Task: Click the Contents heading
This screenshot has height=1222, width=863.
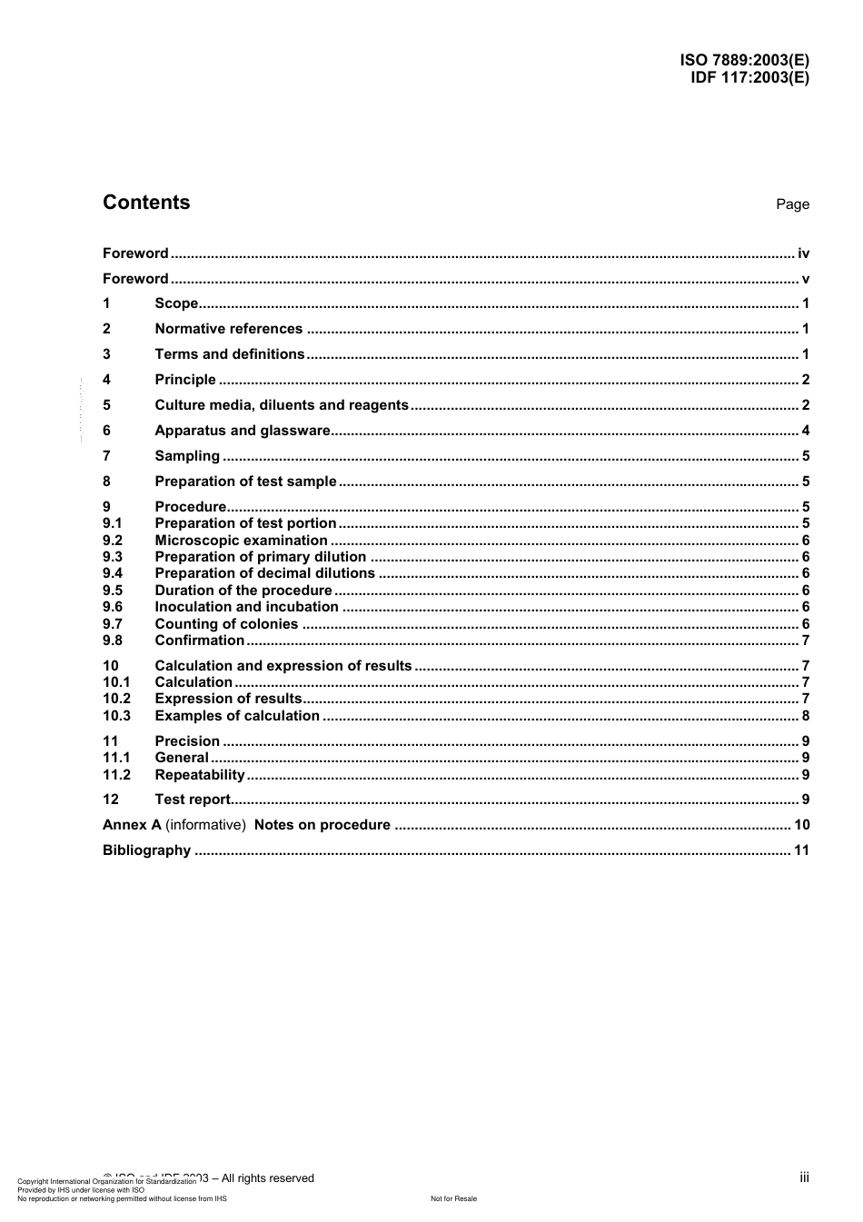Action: [x=146, y=203]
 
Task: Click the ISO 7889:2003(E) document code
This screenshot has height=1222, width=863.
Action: [x=744, y=61]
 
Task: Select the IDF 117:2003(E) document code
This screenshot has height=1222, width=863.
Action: [x=749, y=77]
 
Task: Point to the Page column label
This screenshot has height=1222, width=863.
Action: [x=792, y=204]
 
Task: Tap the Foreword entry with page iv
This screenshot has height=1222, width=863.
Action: [x=135, y=253]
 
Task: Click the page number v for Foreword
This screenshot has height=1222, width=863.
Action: [x=805, y=279]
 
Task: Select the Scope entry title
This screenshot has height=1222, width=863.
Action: [x=176, y=303]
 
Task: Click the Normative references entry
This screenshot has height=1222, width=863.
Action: [x=228, y=329]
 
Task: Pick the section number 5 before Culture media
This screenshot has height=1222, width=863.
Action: [x=106, y=405]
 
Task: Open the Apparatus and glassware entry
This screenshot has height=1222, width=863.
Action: [x=243, y=431]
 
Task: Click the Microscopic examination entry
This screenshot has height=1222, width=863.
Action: [x=241, y=541]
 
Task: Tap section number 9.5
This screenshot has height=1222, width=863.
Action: [x=113, y=591]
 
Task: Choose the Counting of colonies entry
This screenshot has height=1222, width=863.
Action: [x=226, y=624]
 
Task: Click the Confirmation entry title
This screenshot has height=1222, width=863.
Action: [x=199, y=641]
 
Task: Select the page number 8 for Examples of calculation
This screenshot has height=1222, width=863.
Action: [x=805, y=716]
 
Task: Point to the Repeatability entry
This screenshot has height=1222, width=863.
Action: [x=200, y=775]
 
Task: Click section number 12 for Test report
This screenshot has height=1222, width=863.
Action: [x=111, y=800]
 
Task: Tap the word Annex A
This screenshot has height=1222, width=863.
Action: [x=132, y=825]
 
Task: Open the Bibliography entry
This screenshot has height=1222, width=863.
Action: [x=146, y=850]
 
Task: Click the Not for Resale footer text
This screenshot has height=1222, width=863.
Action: [x=453, y=1198]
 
